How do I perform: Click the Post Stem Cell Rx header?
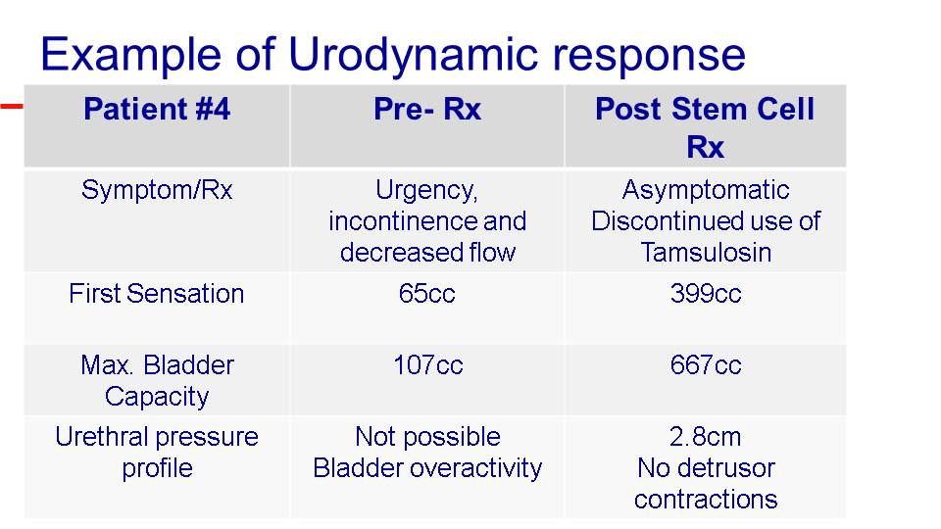[x=705, y=127]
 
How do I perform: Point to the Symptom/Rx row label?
[x=157, y=190]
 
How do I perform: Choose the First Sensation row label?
[x=157, y=294]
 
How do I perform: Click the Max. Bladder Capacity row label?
[x=157, y=380]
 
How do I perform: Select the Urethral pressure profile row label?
[x=157, y=452]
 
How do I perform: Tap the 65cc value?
[x=426, y=294]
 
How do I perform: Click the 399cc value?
[x=706, y=294]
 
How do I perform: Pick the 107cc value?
[x=428, y=365]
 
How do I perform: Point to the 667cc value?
[x=706, y=365]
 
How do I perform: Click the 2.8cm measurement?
[x=706, y=437]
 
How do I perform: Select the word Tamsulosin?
[x=706, y=253]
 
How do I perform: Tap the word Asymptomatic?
[x=706, y=190]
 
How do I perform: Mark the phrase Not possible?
[x=427, y=437]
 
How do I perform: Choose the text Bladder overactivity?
[x=427, y=468]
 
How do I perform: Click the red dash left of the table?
[x=12, y=106]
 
